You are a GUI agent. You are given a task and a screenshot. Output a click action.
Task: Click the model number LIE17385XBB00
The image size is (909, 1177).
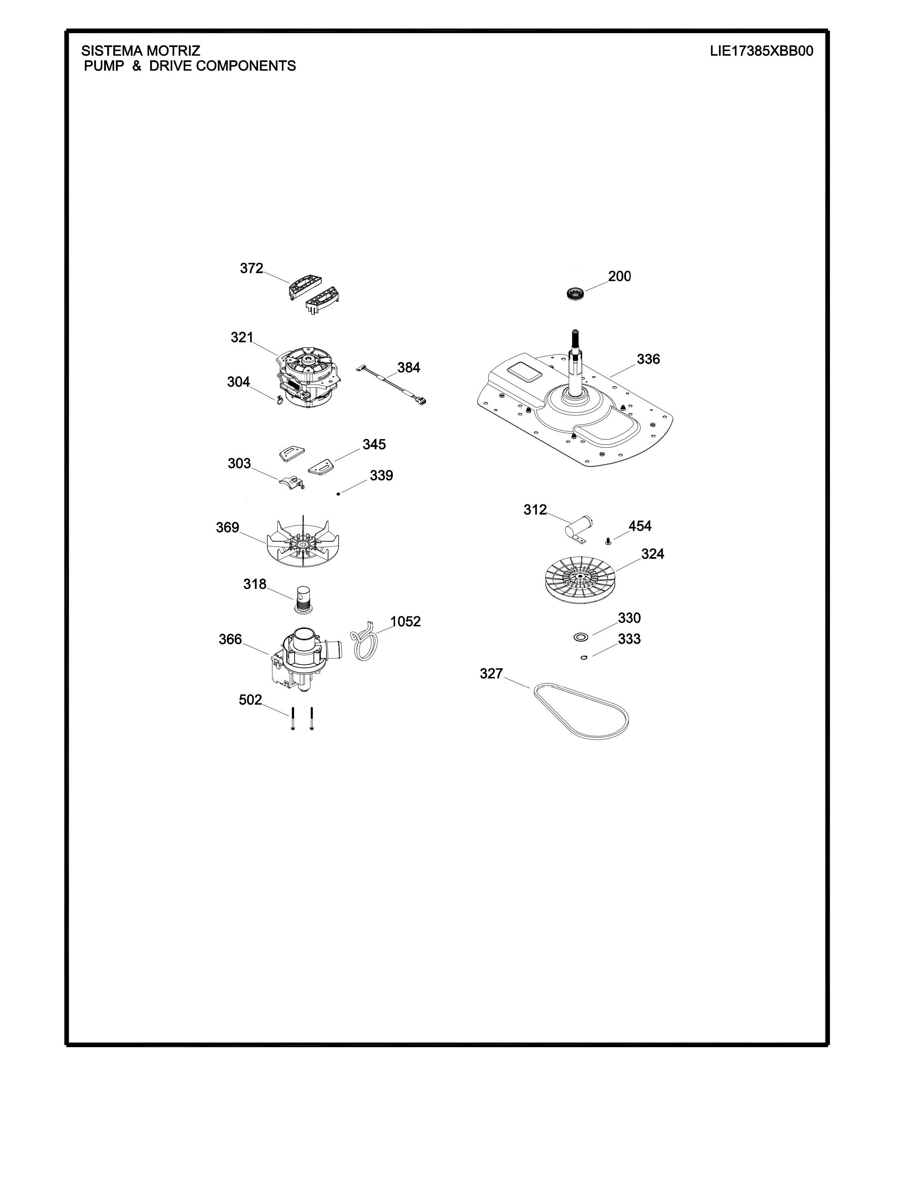(x=761, y=51)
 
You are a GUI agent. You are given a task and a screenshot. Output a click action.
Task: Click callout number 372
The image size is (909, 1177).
(x=251, y=268)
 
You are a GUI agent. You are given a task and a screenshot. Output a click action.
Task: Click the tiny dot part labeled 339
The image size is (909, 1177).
(x=338, y=493)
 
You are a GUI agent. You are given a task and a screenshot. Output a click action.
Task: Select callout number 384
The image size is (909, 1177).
(x=409, y=367)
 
